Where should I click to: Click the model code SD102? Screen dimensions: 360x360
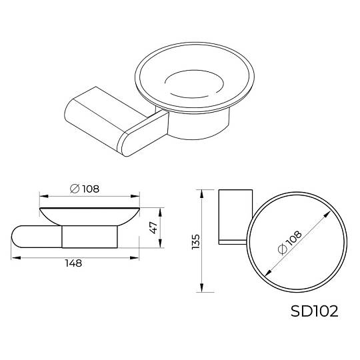[x=314, y=311]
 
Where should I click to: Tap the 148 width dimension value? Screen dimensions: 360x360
[x=73, y=263]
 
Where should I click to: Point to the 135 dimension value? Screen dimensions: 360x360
[x=195, y=241]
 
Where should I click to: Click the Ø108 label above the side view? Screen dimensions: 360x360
[x=85, y=189]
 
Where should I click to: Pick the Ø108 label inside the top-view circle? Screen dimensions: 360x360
[x=289, y=243]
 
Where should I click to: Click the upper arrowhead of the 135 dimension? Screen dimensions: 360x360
[x=201, y=194]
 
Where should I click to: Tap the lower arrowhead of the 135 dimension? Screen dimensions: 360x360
[x=201, y=287]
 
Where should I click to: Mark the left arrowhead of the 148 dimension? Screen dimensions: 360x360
[x=16, y=258]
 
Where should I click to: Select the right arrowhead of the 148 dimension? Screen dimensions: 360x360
[x=135, y=258]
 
